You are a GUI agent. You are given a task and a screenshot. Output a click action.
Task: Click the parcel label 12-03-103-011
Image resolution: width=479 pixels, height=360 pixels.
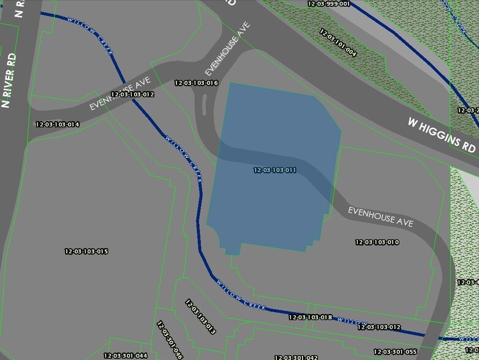coord(274,170)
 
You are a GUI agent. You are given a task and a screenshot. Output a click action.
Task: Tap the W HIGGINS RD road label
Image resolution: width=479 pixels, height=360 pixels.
coord(442,135)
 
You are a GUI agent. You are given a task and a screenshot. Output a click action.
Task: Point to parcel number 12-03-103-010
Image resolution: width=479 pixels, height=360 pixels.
coord(377,242)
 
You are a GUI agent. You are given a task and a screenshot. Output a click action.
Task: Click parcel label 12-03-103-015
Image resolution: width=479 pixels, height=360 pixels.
coord(86,252)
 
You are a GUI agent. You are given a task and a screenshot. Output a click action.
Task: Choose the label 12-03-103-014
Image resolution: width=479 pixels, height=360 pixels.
coord(58,124)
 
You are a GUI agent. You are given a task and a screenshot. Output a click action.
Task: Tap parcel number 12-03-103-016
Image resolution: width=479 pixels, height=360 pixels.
coord(196,83)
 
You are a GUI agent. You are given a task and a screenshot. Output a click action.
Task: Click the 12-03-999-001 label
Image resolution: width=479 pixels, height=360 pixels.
coord(328,4)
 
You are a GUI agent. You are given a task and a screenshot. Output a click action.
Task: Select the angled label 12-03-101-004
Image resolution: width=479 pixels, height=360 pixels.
coord(338,42)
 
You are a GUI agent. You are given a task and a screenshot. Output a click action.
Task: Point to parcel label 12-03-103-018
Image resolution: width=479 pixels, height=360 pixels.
coord(310,317)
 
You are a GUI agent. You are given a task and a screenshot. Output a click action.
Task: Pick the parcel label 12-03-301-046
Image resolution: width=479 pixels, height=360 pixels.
coord(170,340)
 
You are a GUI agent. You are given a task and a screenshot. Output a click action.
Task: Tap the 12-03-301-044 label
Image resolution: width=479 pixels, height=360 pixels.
coord(125,356)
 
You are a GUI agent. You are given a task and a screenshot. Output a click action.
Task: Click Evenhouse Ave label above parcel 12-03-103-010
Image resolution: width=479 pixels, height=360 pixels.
coord(380,217)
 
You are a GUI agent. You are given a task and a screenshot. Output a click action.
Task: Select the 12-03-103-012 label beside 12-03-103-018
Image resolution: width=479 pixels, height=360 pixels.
coord(379,328)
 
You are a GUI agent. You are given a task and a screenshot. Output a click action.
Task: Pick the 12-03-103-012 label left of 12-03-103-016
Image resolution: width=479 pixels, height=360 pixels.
coord(132,94)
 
